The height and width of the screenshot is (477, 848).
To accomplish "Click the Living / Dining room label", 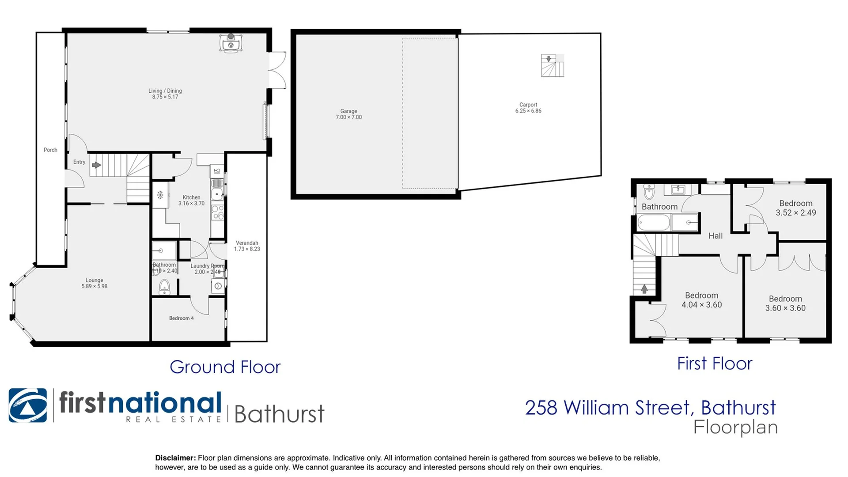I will pyautogui.click(x=165, y=91).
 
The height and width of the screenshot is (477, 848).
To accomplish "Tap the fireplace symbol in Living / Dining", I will pyautogui.click(x=231, y=43).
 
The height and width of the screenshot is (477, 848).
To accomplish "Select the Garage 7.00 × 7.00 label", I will pyautogui.click(x=348, y=114).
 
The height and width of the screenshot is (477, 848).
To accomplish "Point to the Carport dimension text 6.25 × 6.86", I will pyautogui.click(x=528, y=111).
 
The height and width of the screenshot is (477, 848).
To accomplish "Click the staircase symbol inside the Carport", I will pyautogui.click(x=553, y=66).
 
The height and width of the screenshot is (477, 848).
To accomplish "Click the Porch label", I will pyautogui.click(x=50, y=150).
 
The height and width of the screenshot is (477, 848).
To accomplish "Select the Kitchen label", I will pyautogui.click(x=191, y=197).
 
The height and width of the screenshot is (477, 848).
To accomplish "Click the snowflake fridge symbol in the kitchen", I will pyautogui.click(x=160, y=195).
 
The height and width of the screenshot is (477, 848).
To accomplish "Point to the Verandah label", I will pyautogui.click(x=247, y=243).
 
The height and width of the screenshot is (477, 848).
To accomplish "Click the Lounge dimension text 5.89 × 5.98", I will pyautogui.click(x=95, y=286).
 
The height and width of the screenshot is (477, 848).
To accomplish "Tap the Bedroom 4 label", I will pyautogui.click(x=181, y=318).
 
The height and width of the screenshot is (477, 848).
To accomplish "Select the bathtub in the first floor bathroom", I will pyautogui.click(x=654, y=223).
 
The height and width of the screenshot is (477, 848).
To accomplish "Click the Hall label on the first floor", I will pyautogui.click(x=715, y=236).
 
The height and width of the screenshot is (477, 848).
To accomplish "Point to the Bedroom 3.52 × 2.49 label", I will pyautogui.click(x=796, y=208).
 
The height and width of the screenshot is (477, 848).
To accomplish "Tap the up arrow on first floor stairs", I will pyautogui.click(x=644, y=289).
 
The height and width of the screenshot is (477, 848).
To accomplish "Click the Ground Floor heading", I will pyautogui.click(x=225, y=367).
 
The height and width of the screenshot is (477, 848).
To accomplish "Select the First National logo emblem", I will pyautogui.click(x=28, y=405).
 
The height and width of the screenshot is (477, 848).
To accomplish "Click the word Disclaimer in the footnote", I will pyautogui.click(x=175, y=458).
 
